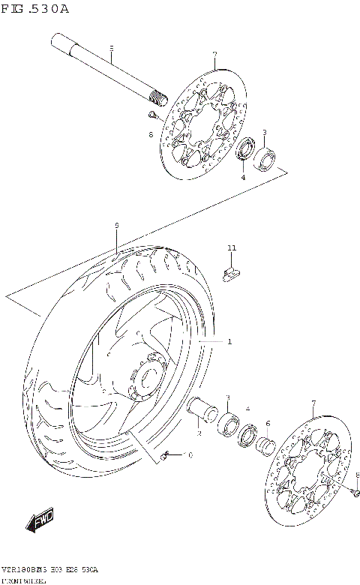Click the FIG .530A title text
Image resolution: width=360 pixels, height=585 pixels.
35,9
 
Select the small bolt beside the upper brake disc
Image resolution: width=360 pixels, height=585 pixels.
152,115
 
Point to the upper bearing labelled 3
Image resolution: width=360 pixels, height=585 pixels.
265,158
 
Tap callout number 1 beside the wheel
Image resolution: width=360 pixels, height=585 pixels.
229,342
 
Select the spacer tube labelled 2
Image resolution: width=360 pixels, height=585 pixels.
203,412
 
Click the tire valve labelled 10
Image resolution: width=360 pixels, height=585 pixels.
166,455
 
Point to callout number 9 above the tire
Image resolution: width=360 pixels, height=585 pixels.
117,225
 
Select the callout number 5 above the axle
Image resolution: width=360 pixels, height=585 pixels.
111,49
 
